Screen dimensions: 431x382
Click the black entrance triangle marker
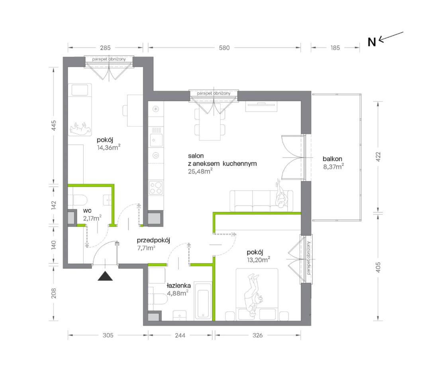click(105, 276)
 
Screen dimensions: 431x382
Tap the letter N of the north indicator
click(372, 42)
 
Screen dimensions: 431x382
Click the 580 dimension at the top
click(224, 48)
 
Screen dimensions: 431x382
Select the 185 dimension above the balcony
click(335, 48)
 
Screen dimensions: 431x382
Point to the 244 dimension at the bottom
click(180, 335)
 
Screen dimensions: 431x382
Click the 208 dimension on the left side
click(54, 293)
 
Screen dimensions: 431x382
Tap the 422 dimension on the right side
click(378, 156)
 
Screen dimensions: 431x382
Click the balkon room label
click(332, 159)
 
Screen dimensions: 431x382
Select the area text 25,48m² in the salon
click(200, 171)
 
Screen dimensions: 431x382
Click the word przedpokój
click(153, 241)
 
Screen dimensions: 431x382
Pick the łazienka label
click(179, 286)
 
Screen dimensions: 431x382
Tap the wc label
click(87, 210)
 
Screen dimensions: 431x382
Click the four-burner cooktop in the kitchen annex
click(156, 187)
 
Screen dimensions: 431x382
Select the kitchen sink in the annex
click(156, 137)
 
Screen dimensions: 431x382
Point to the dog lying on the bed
click(80, 128)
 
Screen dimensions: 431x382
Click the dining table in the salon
click(210, 124)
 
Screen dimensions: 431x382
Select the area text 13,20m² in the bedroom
click(259, 259)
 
